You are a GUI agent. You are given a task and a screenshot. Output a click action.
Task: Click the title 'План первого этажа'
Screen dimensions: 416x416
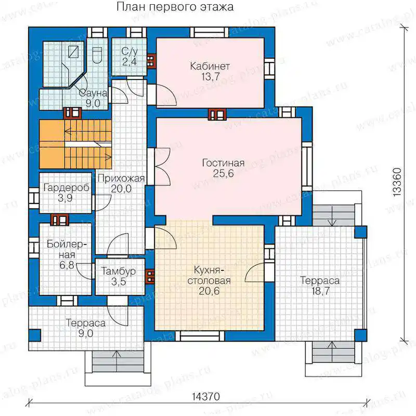pyautogui.click(x=175, y=7)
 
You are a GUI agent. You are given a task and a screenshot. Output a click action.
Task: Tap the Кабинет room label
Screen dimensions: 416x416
pyautogui.click(x=210, y=66)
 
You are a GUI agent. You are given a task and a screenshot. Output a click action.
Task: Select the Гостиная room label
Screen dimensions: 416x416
pyautogui.click(x=224, y=163)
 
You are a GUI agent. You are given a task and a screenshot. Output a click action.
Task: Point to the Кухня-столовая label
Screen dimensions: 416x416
pyautogui.click(x=209, y=276)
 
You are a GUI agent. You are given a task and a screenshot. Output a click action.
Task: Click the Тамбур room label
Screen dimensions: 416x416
pyautogui.click(x=119, y=271)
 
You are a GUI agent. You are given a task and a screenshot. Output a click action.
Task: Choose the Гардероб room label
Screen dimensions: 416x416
pyautogui.click(x=66, y=188)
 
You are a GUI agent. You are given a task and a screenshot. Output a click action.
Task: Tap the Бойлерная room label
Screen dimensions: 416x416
pyautogui.click(x=67, y=250)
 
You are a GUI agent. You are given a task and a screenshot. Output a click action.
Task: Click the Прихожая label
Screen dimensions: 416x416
pyautogui.click(x=121, y=178)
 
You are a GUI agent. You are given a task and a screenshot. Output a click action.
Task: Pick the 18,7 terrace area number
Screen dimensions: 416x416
pyautogui.click(x=320, y=291)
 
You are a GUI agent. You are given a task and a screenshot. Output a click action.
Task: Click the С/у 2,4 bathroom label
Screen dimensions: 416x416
pyautogui.click(x=129, y=56)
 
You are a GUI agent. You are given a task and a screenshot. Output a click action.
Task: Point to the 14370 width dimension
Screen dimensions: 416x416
pyautogui.click(x=206, y=397)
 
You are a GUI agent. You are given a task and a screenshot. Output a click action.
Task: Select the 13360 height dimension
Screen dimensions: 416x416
pyautogui.click(x=397, y=182)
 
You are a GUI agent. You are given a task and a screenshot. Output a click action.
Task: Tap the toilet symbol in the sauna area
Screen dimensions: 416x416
pyautogui.click(x=97, y=55)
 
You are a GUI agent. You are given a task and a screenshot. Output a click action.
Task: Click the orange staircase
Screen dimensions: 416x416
pyautogui.click(x=75, y=144)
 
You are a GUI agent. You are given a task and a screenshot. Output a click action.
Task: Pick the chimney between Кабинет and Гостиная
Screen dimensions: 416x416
pyautogui.click(x=217, y=114)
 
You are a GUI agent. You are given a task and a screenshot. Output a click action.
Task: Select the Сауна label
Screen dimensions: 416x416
pyautogui.click(x=93, y=93)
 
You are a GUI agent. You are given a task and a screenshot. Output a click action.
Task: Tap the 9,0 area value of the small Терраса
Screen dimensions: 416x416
pyautogui.click(x=86, y=333)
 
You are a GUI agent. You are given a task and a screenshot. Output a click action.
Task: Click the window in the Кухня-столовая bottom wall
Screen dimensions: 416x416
pyautogui.click(x=200, y=336)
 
